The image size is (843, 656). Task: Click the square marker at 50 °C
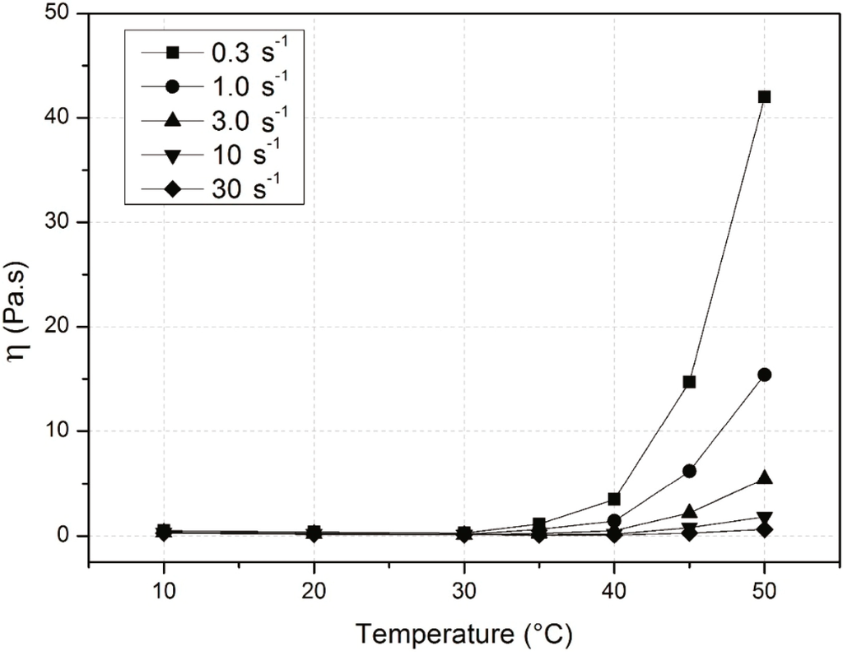pos(764,96)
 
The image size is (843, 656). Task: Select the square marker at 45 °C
pos(689,382)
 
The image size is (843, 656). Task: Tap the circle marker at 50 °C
pos(764,375)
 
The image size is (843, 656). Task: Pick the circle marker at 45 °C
pos(689,471)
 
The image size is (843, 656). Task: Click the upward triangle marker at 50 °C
pos(764,478)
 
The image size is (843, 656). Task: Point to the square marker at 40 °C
pos(613,499)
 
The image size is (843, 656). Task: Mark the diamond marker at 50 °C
pos(764,529)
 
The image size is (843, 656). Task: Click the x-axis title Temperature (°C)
pos(463,634)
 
